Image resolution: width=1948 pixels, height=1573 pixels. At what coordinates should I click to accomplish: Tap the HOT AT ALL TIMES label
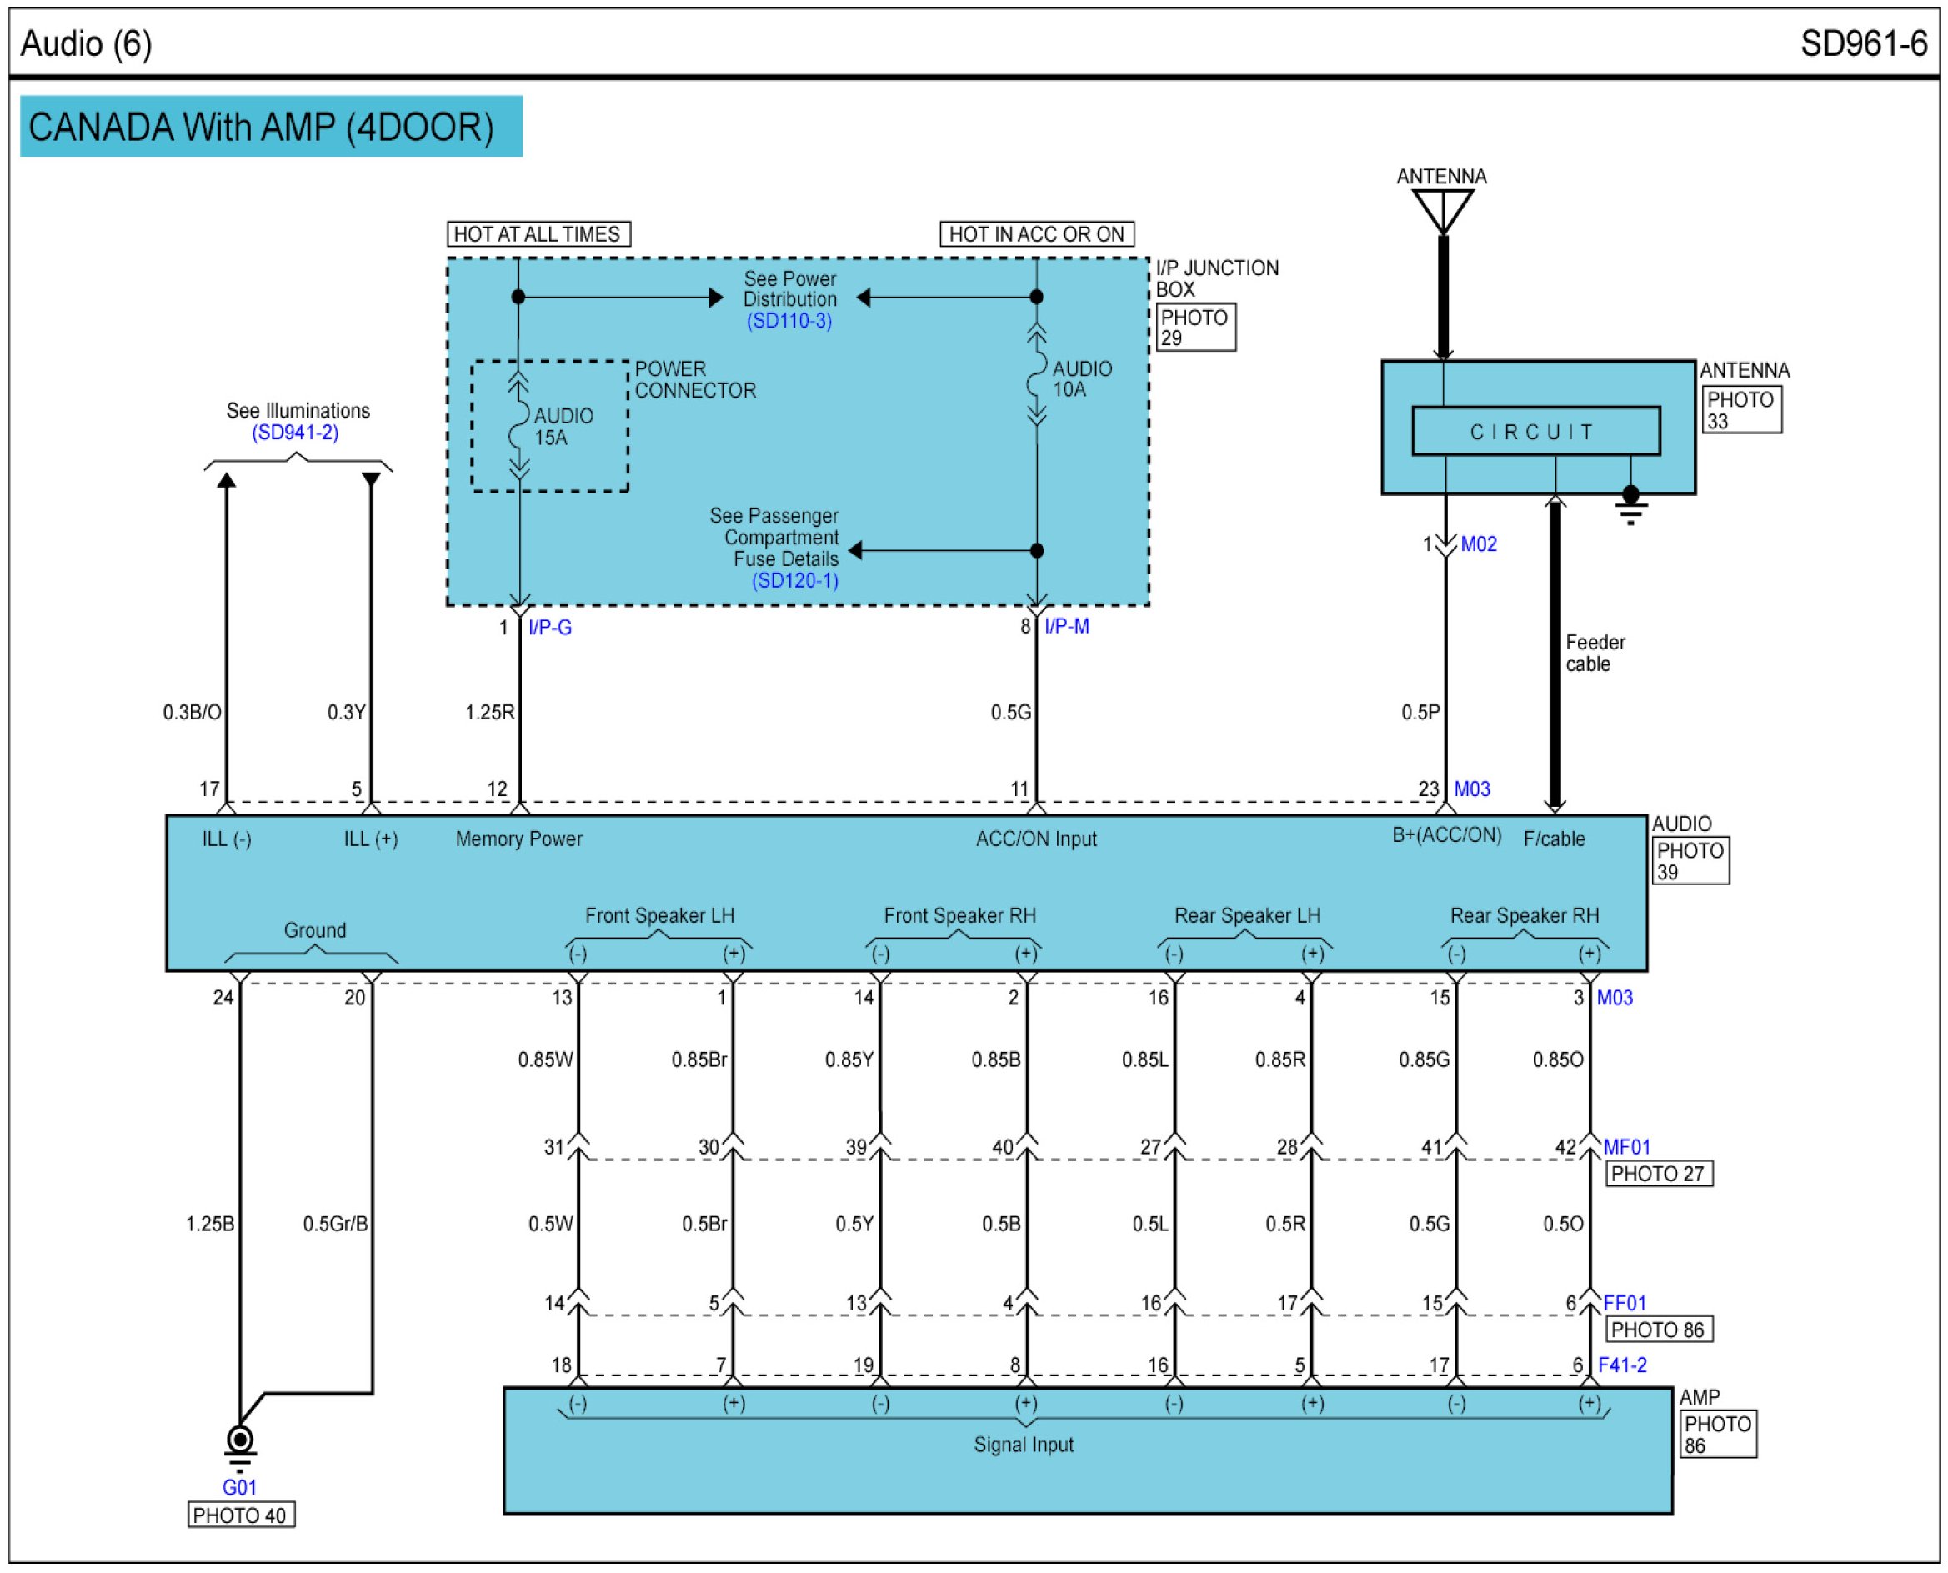(x=538, y=235)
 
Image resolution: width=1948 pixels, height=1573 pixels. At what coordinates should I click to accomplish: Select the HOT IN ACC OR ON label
(x=1037, y=235)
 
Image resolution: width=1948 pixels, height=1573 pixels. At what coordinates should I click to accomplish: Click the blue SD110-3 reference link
(x=789, y=321)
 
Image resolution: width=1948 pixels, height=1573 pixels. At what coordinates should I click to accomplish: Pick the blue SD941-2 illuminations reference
(x=295, y=433)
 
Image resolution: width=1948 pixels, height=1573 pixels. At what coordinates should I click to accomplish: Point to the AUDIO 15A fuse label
(x=563, y=427)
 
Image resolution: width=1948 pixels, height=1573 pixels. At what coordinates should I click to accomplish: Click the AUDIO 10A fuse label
(x=1082, y=379)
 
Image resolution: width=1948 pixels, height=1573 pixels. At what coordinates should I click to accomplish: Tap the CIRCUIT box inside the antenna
(x=1535, y=432)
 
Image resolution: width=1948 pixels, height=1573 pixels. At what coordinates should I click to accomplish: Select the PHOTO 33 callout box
(x=1740, y=410)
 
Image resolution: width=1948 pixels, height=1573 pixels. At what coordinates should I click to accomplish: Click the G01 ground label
(x=240, y=1487)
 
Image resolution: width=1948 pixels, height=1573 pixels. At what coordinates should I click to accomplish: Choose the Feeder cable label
(x=1595, y=654)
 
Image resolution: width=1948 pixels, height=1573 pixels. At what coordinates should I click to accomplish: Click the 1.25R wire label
(x=489, y=713)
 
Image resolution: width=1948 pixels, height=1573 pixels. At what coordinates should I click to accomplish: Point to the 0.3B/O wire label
(x=192, y=713)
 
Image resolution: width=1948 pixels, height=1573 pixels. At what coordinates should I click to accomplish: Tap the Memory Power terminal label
(x=519, y=839)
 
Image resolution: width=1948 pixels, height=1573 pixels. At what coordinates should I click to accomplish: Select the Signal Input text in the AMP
(x=1024, y=1445)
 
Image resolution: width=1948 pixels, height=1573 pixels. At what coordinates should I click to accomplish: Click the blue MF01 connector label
(x=1627, y=1147)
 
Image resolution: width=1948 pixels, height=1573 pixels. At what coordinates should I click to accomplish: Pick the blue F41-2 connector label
(x=1623, y=1365)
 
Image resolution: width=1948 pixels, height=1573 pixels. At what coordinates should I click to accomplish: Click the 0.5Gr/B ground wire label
(x=335, y=1225)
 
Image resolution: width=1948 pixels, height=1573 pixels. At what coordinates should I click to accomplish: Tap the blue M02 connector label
(x=1479, y=544)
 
